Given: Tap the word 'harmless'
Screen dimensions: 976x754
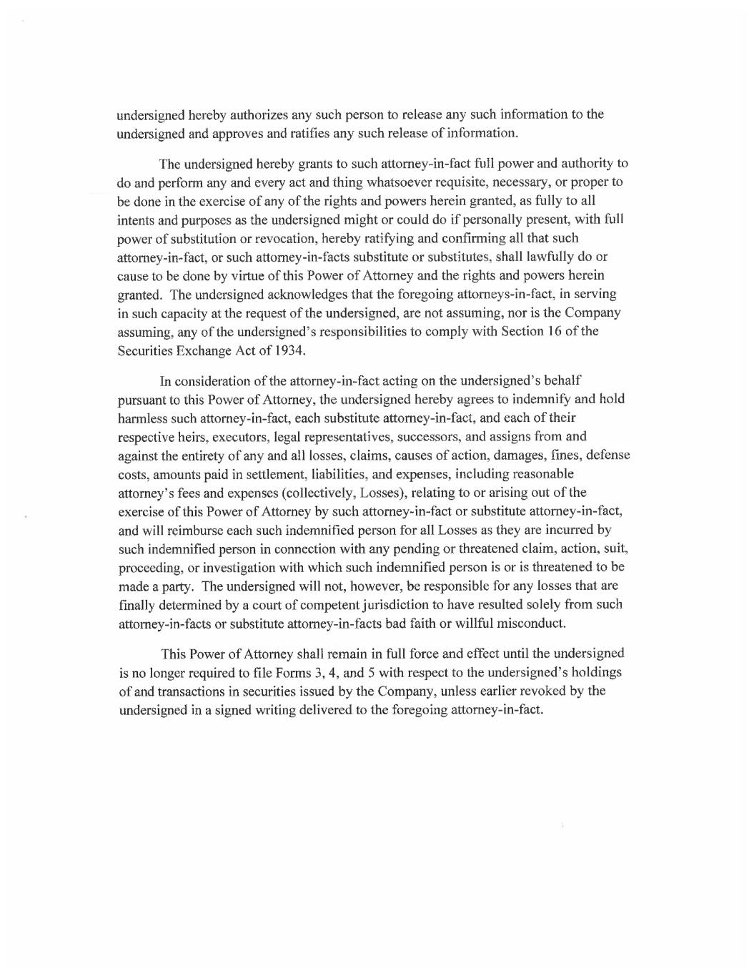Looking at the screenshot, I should click(142, 418).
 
